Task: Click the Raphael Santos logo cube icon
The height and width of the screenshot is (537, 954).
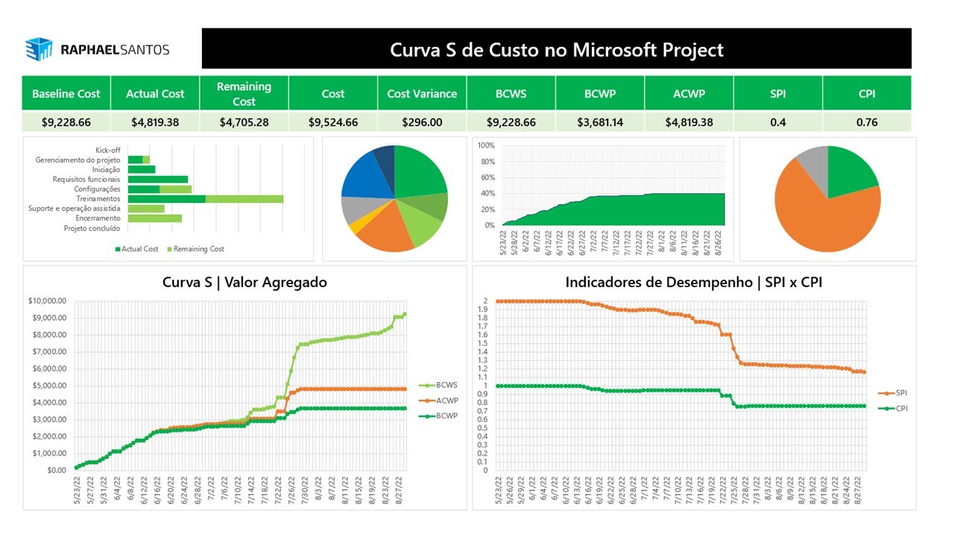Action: point(39,49)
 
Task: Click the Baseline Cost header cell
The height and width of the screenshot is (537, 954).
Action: point(66,94)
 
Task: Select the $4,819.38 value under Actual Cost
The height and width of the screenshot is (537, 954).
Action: point(155,122)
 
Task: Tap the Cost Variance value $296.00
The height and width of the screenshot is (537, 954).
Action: point(422,122)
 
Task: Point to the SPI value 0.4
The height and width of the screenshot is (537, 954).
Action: point(777,122)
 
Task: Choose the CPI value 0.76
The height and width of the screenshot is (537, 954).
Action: point(867,122)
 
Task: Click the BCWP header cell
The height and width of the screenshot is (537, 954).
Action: point(600,94)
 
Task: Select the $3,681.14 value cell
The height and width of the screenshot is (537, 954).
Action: point(600,122)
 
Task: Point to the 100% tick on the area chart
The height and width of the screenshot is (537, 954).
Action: point(485,145)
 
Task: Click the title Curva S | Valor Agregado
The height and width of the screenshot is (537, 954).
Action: point(244,283)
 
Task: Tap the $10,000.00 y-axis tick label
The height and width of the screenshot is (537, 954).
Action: point(46,301)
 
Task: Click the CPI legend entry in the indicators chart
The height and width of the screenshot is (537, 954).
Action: point(901,409)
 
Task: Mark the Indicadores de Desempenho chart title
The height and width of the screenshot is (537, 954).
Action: point(694,283)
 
